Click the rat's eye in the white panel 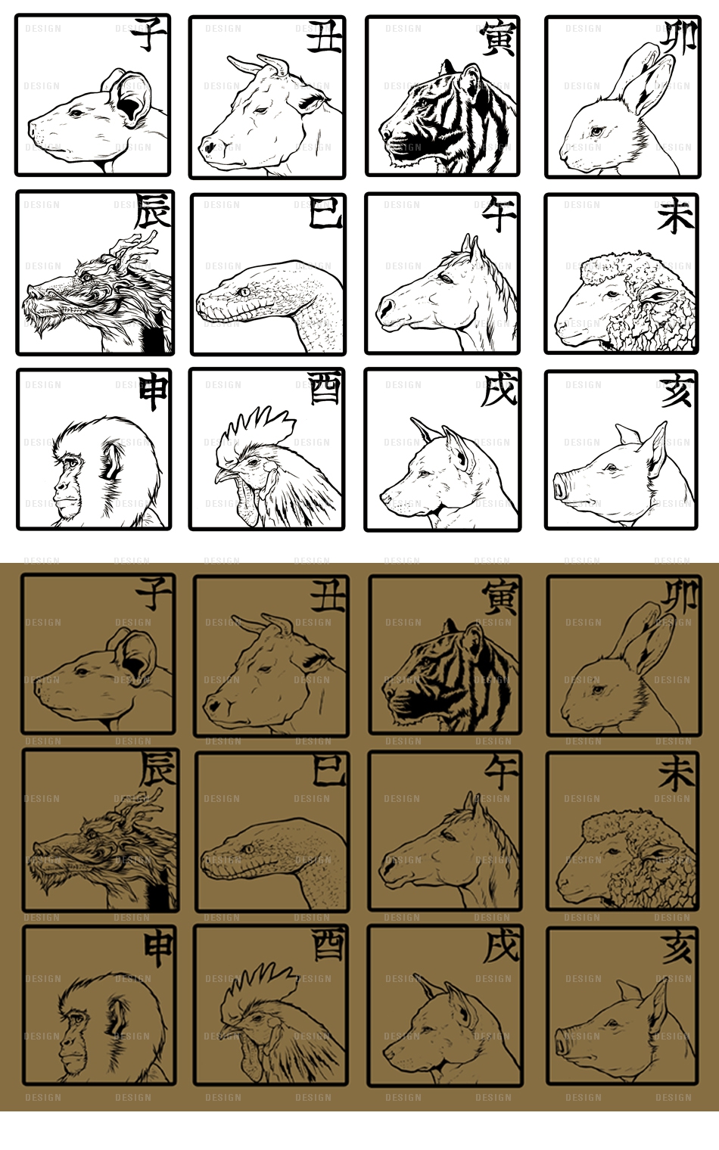coord(76,113)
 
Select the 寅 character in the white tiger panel coord(498,38)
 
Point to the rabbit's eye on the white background coord(596,131)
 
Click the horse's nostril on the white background coord(384,309)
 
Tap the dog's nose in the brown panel coord(387,1053)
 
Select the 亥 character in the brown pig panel coord(677,948)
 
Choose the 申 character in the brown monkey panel coord(157,948)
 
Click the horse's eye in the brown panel coord(448,836)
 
